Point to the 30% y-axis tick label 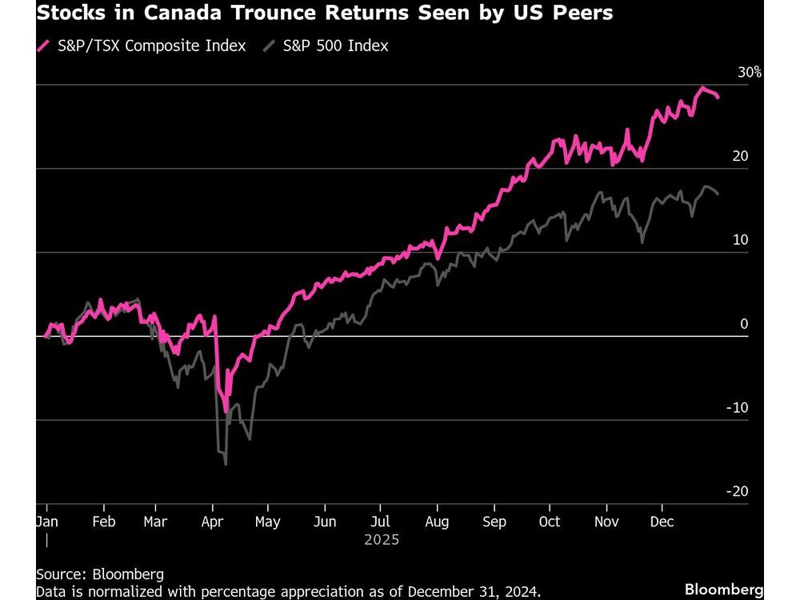point(750,72)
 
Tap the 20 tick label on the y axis point(740,156)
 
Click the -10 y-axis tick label point(737,407)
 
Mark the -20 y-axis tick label point(737,491)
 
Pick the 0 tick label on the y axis point(744,324)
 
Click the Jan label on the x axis point(47,522)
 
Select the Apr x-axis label point(212,522)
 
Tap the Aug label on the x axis point(437,522)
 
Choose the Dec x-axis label point(662,522)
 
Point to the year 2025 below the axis point(381,540)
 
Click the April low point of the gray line point(226,464)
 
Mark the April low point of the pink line point(226,411)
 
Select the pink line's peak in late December point(702,88)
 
